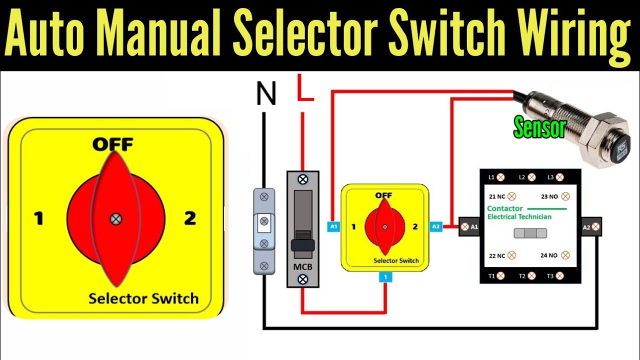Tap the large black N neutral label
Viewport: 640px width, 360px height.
(265, 94)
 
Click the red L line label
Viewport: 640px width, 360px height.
(305, 88)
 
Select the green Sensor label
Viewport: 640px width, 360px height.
(539, 128)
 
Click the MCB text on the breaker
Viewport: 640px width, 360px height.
(302, 266)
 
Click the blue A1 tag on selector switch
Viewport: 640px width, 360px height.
(334, 226)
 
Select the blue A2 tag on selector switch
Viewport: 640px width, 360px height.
(435, 226)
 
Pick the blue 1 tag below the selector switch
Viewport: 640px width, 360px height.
(384, 276)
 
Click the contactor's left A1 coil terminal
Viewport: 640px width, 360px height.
(469, 227)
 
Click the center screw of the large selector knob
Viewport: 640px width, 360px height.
(115, 218)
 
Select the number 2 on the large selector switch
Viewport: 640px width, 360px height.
(189, 218)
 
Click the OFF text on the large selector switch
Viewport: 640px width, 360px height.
(112, 144)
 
